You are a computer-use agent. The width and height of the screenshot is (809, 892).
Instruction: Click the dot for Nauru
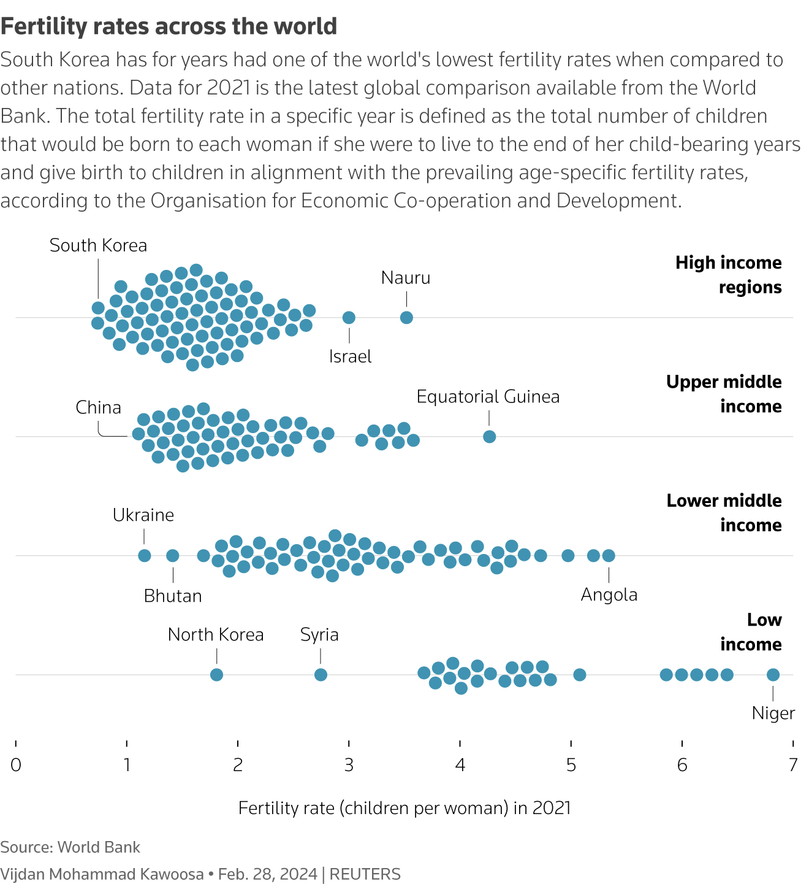(406, 317)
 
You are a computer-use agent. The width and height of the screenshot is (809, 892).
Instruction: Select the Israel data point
(349, 317)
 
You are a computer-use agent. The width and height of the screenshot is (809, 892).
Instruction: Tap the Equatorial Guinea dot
(489, 436)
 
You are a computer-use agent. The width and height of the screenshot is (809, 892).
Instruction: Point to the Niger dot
(773, 674)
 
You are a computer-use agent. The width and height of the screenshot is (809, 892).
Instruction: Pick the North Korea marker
(216, 674)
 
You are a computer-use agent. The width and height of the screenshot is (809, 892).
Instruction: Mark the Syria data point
(321, 674)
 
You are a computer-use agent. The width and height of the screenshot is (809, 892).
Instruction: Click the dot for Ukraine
(145, 555)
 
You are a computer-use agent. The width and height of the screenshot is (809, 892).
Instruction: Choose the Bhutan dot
(173, 555)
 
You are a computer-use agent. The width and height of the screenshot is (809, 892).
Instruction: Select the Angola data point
(609, 555)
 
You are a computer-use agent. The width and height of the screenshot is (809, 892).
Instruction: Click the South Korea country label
(98, 245)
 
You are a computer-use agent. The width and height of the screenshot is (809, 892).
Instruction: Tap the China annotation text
(98, 407)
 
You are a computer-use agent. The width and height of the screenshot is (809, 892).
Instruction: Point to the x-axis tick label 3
(349, 765)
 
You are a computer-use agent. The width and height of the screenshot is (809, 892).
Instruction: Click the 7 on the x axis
(793, 765)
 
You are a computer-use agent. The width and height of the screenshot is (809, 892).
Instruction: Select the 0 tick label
(16, 765)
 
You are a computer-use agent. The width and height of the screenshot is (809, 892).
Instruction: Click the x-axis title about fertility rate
(404, 808)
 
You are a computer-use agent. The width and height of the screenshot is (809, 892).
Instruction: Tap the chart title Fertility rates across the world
(169, 26)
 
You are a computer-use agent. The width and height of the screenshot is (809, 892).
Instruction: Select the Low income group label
(751, 632)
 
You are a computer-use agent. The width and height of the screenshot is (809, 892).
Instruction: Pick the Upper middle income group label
(724, 394)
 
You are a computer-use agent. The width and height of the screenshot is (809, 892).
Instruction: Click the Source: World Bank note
(70, 847)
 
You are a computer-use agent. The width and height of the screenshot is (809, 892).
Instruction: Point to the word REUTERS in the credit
(365, 874)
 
